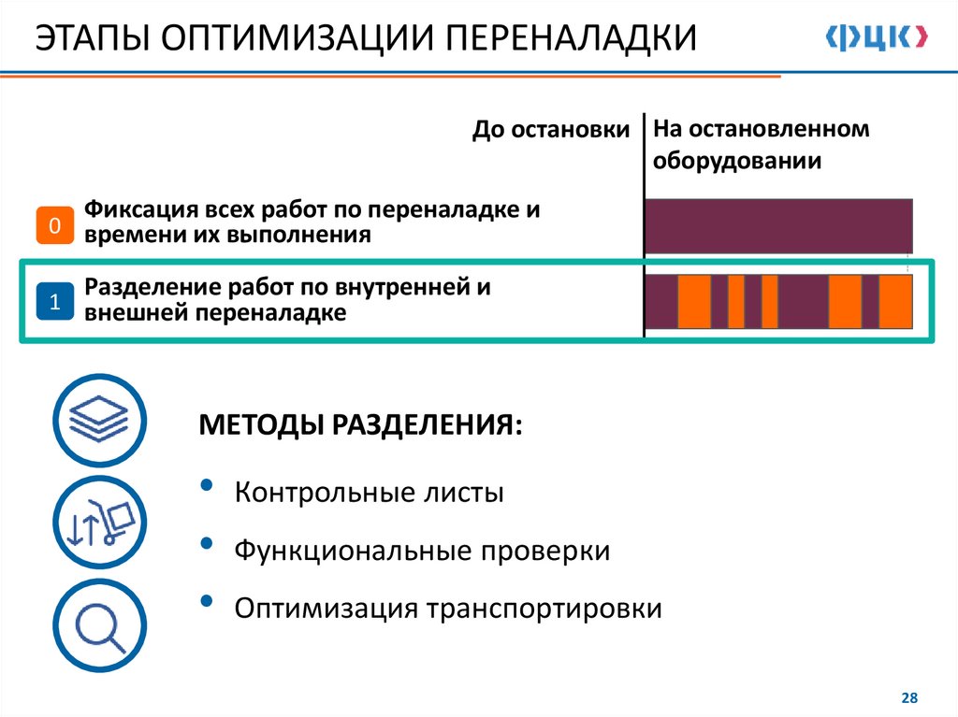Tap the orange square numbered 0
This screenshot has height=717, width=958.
pos(55,225)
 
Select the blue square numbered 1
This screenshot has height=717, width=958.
pos(55,302)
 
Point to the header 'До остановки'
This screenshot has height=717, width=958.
pos(551,130)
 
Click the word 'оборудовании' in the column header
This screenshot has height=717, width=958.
pos(737,161)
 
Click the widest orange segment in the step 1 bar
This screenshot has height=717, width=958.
pos(694,301)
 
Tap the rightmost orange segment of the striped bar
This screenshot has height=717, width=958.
pos(895,301)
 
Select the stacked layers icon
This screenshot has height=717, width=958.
pos(99,419)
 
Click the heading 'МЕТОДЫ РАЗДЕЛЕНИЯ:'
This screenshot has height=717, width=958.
pos(361,425)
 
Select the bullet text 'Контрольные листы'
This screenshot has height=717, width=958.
pos(370,492)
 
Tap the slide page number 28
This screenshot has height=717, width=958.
pos(908,697)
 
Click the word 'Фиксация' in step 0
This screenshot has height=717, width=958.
pos(139,208)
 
